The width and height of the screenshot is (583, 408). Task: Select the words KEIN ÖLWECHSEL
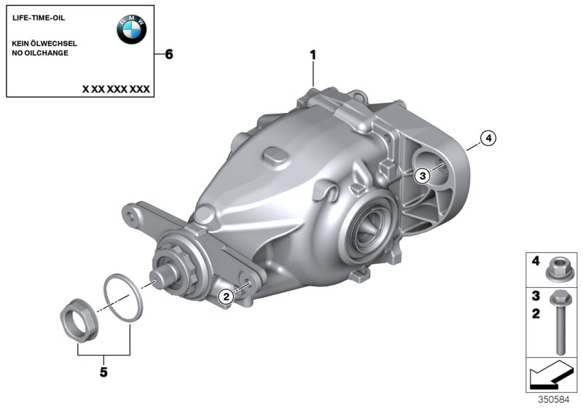click(x=44, y=44)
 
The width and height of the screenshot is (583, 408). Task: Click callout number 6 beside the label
click(x=170, y=55)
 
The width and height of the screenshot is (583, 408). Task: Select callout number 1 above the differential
click(x=313, y=55)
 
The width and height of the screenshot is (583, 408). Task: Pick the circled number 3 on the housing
click(x=421, y=175)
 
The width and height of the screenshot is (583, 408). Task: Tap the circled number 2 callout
click(x=226, y=295)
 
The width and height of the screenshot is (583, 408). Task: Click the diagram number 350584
click(x=563, y=400)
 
